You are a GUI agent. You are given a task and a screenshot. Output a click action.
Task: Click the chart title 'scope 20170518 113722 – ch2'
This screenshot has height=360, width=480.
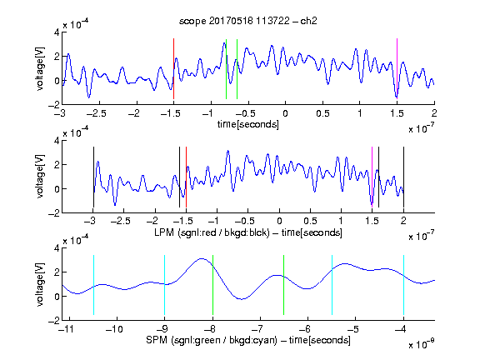pyautogui.click(x=248, y=21)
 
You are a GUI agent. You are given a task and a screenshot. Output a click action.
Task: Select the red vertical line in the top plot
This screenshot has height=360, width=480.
pyautogui.click(x=173, y=69)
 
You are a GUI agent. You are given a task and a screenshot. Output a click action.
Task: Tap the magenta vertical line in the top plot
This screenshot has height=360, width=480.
pyautogui.click(x=397, y=69)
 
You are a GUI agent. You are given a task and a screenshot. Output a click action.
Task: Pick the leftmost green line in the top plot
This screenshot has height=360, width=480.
pyautogui.click(x=226, y=69)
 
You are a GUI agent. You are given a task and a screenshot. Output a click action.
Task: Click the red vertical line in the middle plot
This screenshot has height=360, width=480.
pyautogui.click(x=186, y=177)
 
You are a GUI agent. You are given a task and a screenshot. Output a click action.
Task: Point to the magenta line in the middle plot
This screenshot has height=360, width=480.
pyautogui.click(x=372, y=177)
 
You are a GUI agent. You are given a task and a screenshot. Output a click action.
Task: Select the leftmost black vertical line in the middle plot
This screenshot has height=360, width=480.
pyautogui.click(x=93, y=177)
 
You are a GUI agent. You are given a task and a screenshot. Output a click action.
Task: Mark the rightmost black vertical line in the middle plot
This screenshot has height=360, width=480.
pyautogui.click(x=403, y=177)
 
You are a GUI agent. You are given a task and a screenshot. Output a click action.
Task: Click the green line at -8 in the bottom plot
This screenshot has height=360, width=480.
pyautogui.click(x=212, y=285)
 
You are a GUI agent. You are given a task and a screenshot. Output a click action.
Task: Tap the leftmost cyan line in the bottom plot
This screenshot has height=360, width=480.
pyautogui.click(x=93, y=285)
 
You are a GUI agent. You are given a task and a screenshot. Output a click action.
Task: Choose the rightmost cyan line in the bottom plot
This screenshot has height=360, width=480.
pyautogui.click(x=403, y=285)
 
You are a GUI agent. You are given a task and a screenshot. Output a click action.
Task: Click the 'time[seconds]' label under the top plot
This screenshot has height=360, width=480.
pyautogui.click(x=248, y=124)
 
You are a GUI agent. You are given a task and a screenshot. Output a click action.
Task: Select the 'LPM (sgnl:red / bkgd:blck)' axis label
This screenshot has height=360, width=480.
pyautogui.click(x=212, y=232)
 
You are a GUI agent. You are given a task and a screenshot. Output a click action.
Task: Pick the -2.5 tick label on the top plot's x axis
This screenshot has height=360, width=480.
pyautogui.click(x=96, y=113)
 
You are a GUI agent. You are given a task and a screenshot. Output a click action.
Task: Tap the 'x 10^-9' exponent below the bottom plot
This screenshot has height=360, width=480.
pyautogui.click(x=421, y=344)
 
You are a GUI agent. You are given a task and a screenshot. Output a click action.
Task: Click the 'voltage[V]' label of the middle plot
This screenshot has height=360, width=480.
pyautogui.click(x=40, y=177)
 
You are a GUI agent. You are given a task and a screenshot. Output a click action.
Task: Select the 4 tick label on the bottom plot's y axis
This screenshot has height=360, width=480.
pyautogui.click(x=57, y=248)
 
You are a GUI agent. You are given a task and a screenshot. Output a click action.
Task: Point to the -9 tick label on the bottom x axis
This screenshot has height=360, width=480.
pyautogui.click(x=162, y=329)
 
